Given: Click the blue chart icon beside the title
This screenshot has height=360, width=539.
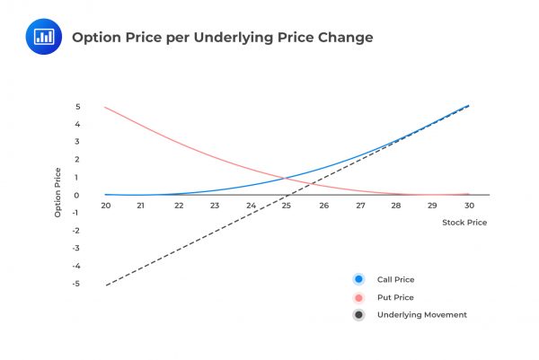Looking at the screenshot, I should coord(43,37).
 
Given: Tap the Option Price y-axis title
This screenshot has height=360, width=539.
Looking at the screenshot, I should coord(58,193).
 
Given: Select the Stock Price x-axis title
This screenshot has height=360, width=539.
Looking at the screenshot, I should coord(464,222).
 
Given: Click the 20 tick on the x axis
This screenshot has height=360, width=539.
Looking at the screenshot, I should coord(106,206).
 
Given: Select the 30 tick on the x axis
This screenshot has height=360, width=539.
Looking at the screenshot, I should coord(468,206).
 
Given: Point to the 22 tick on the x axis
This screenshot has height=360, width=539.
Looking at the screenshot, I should coord(179,206).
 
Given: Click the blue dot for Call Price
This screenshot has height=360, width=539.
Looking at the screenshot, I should coord(359,279).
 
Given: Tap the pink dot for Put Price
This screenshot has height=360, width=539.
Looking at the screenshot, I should coord(359,297).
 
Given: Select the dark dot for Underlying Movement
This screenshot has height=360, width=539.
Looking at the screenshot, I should coord(359,315).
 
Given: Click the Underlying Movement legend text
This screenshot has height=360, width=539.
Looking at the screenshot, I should coord(422,315).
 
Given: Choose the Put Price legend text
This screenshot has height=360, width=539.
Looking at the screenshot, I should coord(396,297).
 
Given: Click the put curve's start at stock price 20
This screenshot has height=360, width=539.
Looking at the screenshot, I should coord(106,108).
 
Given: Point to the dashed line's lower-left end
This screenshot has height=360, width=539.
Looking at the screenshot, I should coord(106,285).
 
